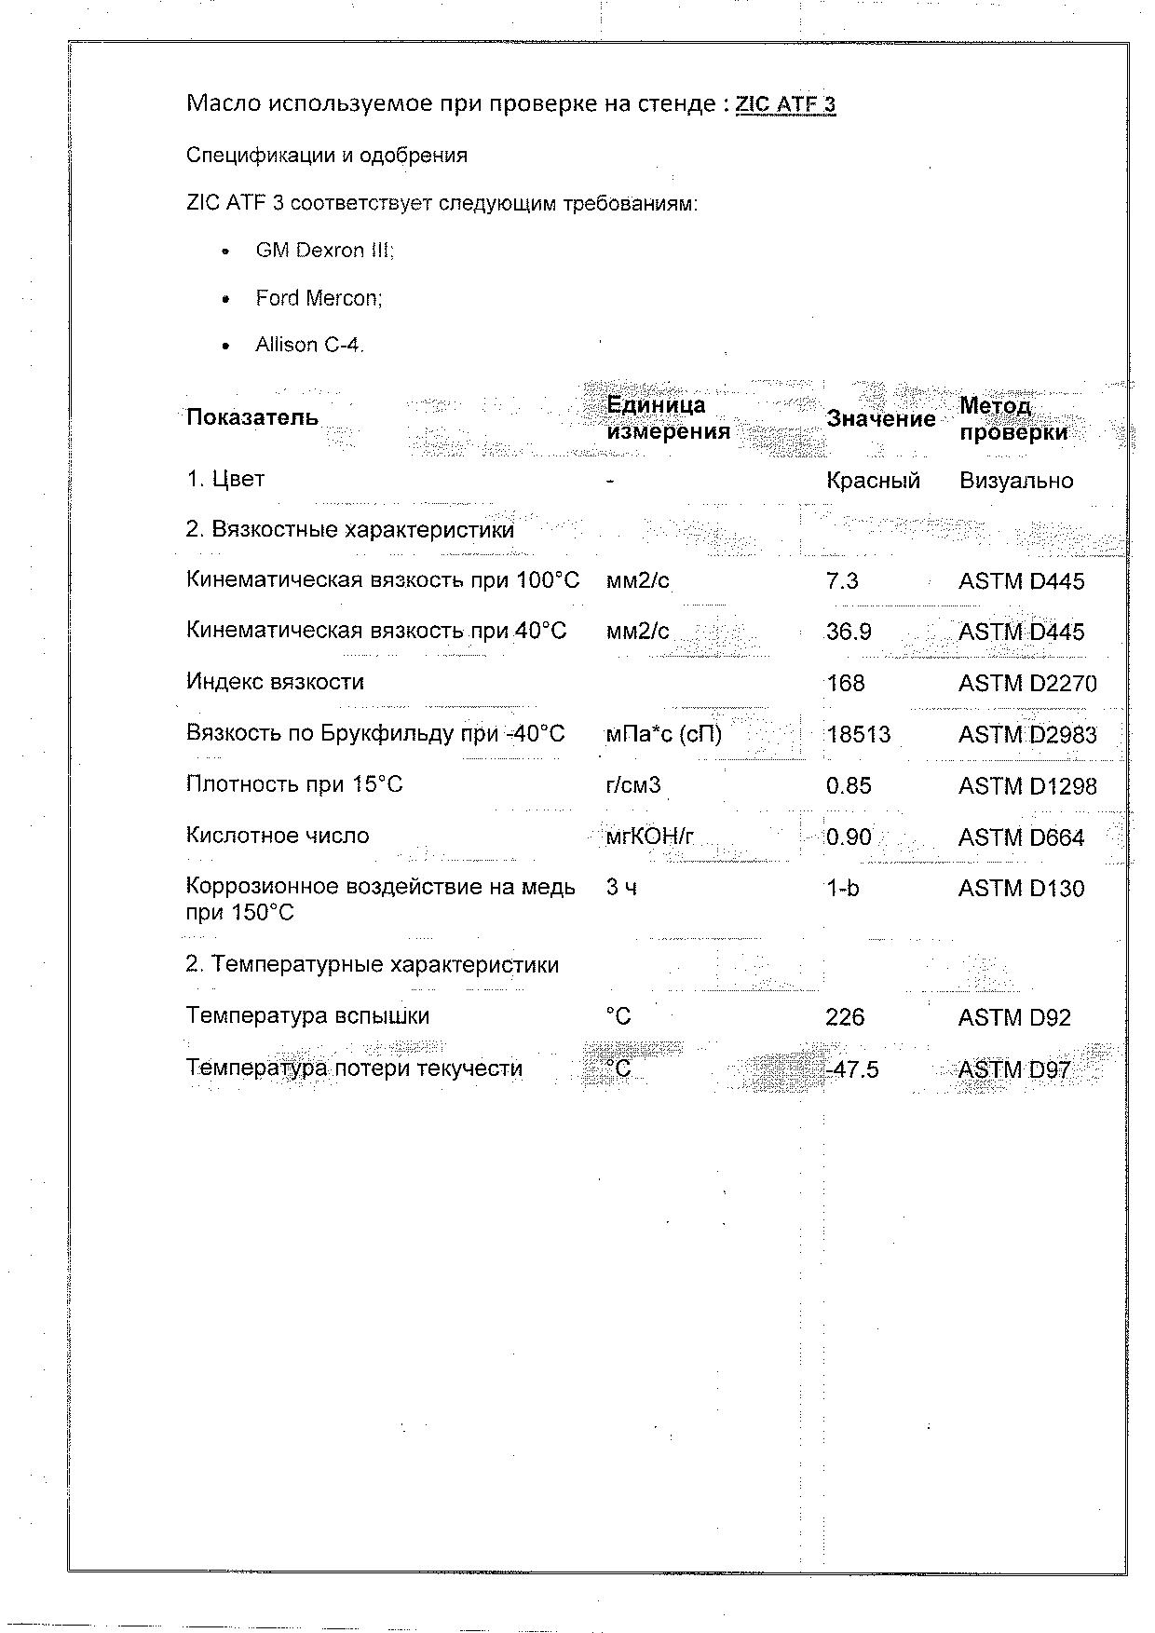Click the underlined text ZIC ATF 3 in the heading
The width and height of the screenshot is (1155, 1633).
[785, 103]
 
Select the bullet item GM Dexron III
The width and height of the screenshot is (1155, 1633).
[324, 251]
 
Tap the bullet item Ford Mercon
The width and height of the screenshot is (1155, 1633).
[319, 298]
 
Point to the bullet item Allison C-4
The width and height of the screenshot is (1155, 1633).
[309, 345]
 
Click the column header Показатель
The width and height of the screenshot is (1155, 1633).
[251, 417]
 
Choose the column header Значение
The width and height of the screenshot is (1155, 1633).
[880, 419]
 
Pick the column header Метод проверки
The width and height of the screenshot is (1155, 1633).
[1012, 419]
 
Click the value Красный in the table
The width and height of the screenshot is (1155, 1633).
[873, 481]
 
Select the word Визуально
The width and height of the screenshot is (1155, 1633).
[1015, 481]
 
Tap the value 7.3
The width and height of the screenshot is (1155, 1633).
[842, 581]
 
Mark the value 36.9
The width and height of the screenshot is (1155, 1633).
[849, 633]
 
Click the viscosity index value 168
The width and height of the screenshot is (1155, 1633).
[845, 684]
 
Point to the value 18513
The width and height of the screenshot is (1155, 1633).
[858, 735]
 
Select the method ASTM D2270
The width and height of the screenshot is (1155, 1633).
[1027, 684]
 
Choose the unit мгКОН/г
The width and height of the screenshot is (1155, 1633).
[649, 837]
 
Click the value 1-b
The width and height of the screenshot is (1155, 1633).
[842, 889]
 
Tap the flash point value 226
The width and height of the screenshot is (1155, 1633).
[845, 1017]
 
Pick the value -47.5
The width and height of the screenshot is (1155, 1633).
[851, 1069]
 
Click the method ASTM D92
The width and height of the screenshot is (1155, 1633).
[1014, 1017]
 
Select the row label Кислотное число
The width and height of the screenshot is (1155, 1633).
[277, 836]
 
